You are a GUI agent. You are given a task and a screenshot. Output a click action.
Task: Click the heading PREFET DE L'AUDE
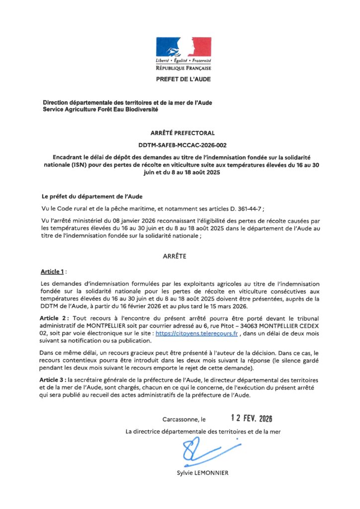click(183, 79)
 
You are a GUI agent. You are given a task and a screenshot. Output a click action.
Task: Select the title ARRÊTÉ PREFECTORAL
click(182, 133)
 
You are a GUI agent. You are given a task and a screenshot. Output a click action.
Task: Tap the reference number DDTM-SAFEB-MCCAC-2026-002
click(182, 145)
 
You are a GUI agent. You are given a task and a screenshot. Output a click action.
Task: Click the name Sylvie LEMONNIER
click(202, 473)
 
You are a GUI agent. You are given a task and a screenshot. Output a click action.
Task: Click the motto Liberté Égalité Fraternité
click(183, 60)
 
